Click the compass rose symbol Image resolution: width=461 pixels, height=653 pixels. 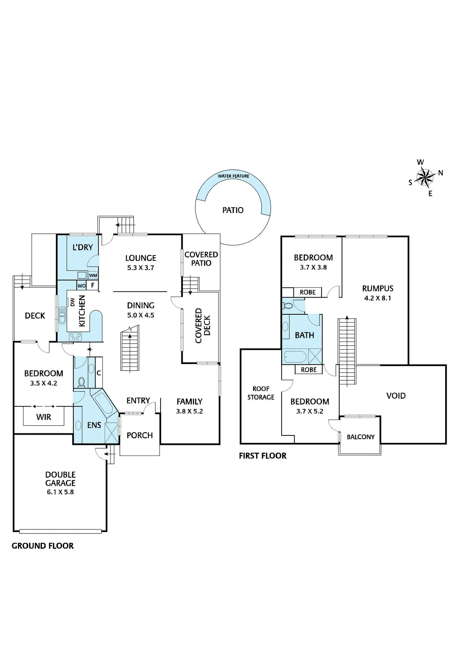pos(426,178)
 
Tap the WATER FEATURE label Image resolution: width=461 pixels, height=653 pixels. pos(233,176)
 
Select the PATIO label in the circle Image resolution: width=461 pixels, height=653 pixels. pos(233,210)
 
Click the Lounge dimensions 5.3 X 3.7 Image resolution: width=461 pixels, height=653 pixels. pos(141,268)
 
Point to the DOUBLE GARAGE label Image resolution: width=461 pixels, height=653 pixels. pos(60,479)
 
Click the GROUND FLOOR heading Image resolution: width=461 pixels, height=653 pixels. pos(42,546)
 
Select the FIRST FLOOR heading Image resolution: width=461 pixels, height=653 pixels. pos(262,456)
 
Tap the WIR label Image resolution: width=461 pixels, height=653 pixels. pos(44,417)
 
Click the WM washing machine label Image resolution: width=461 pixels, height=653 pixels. pos(93,275)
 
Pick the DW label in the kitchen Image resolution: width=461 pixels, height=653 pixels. pos(73,302)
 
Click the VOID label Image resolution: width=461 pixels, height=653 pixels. pos(396,395)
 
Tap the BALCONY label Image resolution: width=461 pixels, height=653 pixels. pos(360,437)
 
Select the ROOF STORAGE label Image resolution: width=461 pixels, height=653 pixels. pos(261,393)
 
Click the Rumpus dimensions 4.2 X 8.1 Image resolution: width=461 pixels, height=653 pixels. pos(377,298)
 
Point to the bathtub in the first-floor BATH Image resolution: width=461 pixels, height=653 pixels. pos(295,357)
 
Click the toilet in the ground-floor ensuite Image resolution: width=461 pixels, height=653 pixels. pos(81,382)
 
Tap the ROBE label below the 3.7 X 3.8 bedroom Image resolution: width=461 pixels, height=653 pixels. pos(308,292)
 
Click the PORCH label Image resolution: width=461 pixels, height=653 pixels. pos(139,435)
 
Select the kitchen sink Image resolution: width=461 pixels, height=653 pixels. pos(62,315)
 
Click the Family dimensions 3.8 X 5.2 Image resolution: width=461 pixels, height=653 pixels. pos(189,411)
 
